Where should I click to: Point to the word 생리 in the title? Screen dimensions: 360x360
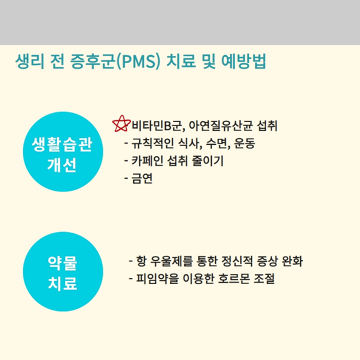point(32,62)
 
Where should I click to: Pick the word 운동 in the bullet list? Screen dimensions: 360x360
point(243,144)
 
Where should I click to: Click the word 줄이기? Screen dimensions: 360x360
point(222,161)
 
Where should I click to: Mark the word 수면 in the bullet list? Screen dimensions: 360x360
point(216,144)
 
